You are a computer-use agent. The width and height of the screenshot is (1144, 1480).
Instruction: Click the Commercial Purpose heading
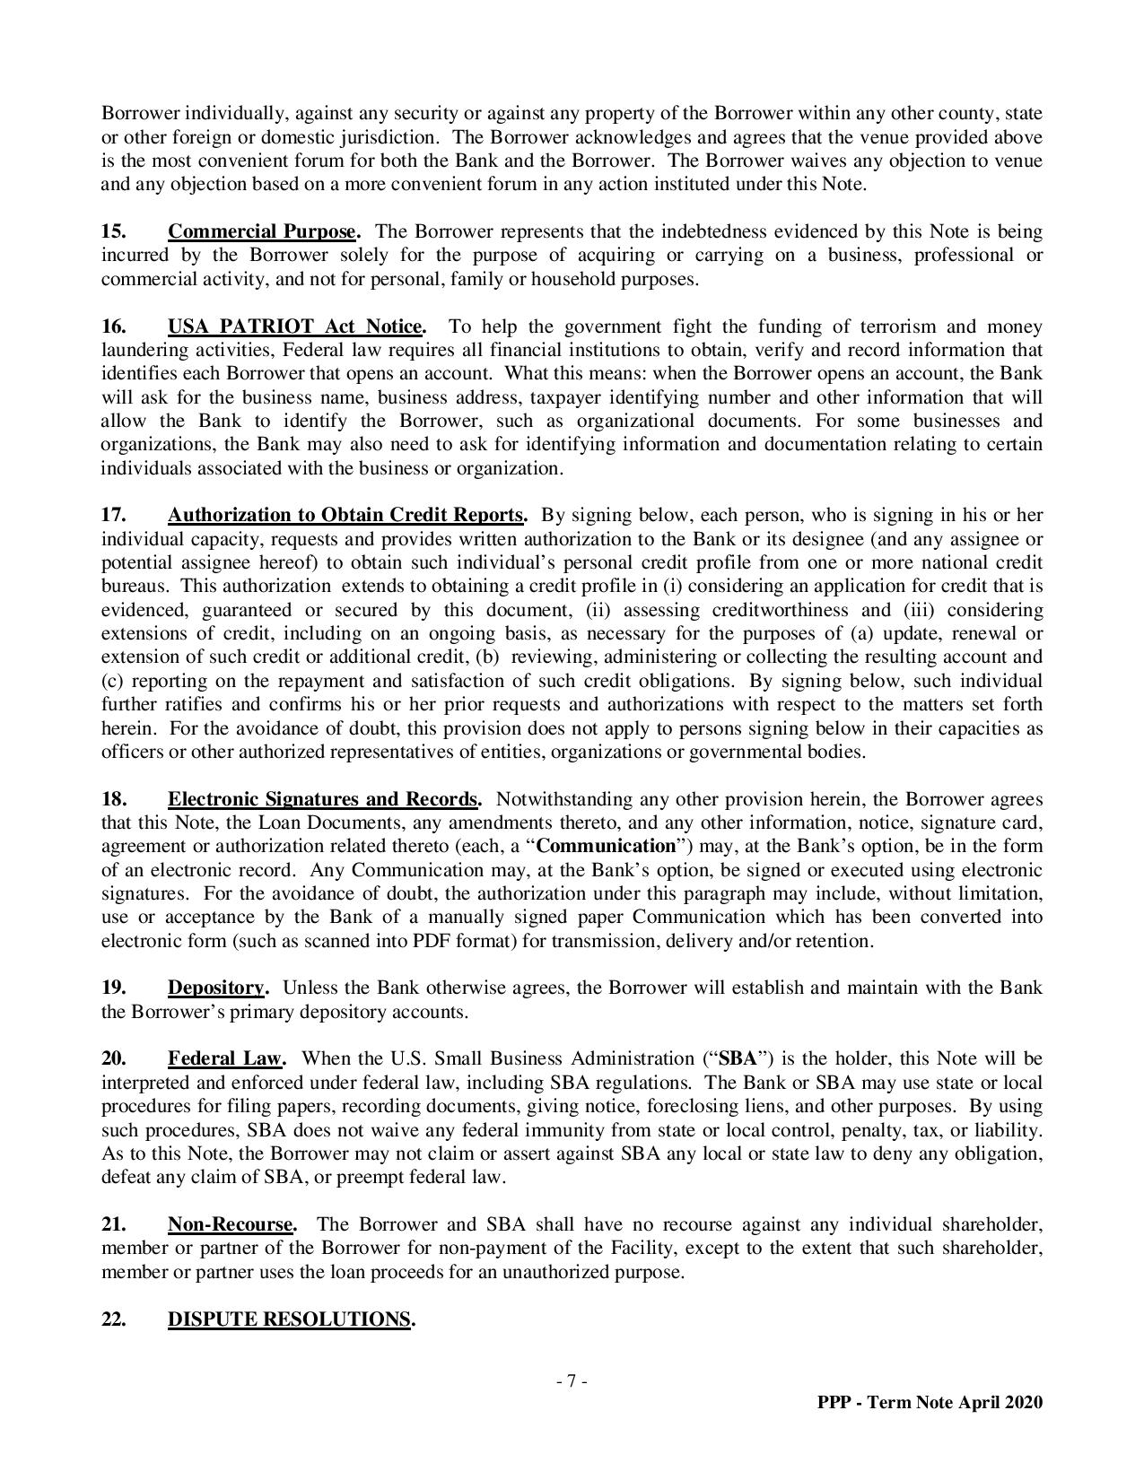coord(262,231)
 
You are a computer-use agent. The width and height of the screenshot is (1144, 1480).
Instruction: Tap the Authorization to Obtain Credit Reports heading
coord(345,515)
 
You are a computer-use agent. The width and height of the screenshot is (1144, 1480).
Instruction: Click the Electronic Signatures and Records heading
coord(322,799)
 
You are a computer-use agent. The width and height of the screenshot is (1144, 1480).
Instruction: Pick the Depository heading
coord(216,988)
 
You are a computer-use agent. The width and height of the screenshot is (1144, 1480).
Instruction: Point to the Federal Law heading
coord(225,1058)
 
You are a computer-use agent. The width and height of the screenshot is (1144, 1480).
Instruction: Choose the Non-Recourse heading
coord(231,1224)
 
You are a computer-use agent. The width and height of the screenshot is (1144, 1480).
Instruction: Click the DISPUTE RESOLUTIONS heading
coord(289,1319)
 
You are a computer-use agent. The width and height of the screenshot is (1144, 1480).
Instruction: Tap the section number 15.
coord(113,231)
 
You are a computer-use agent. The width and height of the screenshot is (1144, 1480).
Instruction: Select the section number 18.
coord(113,799)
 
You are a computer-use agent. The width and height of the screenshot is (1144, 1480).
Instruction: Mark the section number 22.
coord(113,1319)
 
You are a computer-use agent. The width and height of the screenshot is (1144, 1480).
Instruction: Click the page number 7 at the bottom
coord(572,1381)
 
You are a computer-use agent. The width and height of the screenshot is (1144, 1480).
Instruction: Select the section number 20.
coord(113,1058)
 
